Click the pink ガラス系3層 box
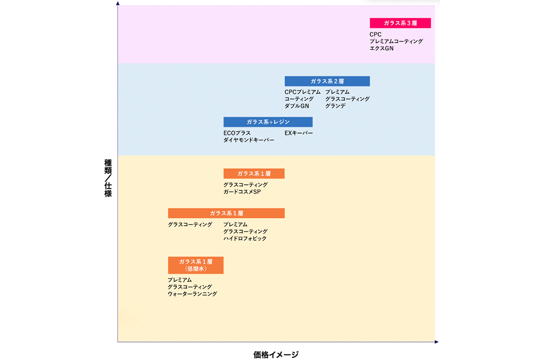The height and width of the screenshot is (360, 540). pos(400,23)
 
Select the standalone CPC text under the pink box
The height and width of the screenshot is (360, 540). pos(375,35)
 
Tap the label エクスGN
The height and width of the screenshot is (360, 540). pos(382,49)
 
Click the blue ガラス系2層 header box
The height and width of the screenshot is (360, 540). pos(327,81)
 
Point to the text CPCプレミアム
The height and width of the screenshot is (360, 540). pos(302,92)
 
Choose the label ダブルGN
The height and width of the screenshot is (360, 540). pos(297,106)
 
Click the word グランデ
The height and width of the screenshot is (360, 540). pos(335,106)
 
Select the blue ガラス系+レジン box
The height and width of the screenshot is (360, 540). pos(268,122)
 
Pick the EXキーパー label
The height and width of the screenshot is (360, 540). pos(299,133)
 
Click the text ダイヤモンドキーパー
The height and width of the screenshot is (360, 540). pos(249,140)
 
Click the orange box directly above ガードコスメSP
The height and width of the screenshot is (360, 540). pos(254,174)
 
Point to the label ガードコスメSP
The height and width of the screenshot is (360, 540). pos(242,192)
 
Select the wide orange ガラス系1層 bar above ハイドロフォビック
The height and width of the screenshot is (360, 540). pos(226,213)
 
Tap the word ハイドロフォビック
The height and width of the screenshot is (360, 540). pos(245,238)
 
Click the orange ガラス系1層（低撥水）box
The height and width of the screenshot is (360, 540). pos(196,265)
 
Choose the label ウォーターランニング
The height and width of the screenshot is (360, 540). pos(193,294)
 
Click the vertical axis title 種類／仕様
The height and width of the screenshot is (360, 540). pos(108,178)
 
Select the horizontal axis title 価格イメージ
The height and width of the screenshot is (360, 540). pos(276,355)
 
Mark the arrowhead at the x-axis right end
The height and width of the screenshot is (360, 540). pos(436,342)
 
